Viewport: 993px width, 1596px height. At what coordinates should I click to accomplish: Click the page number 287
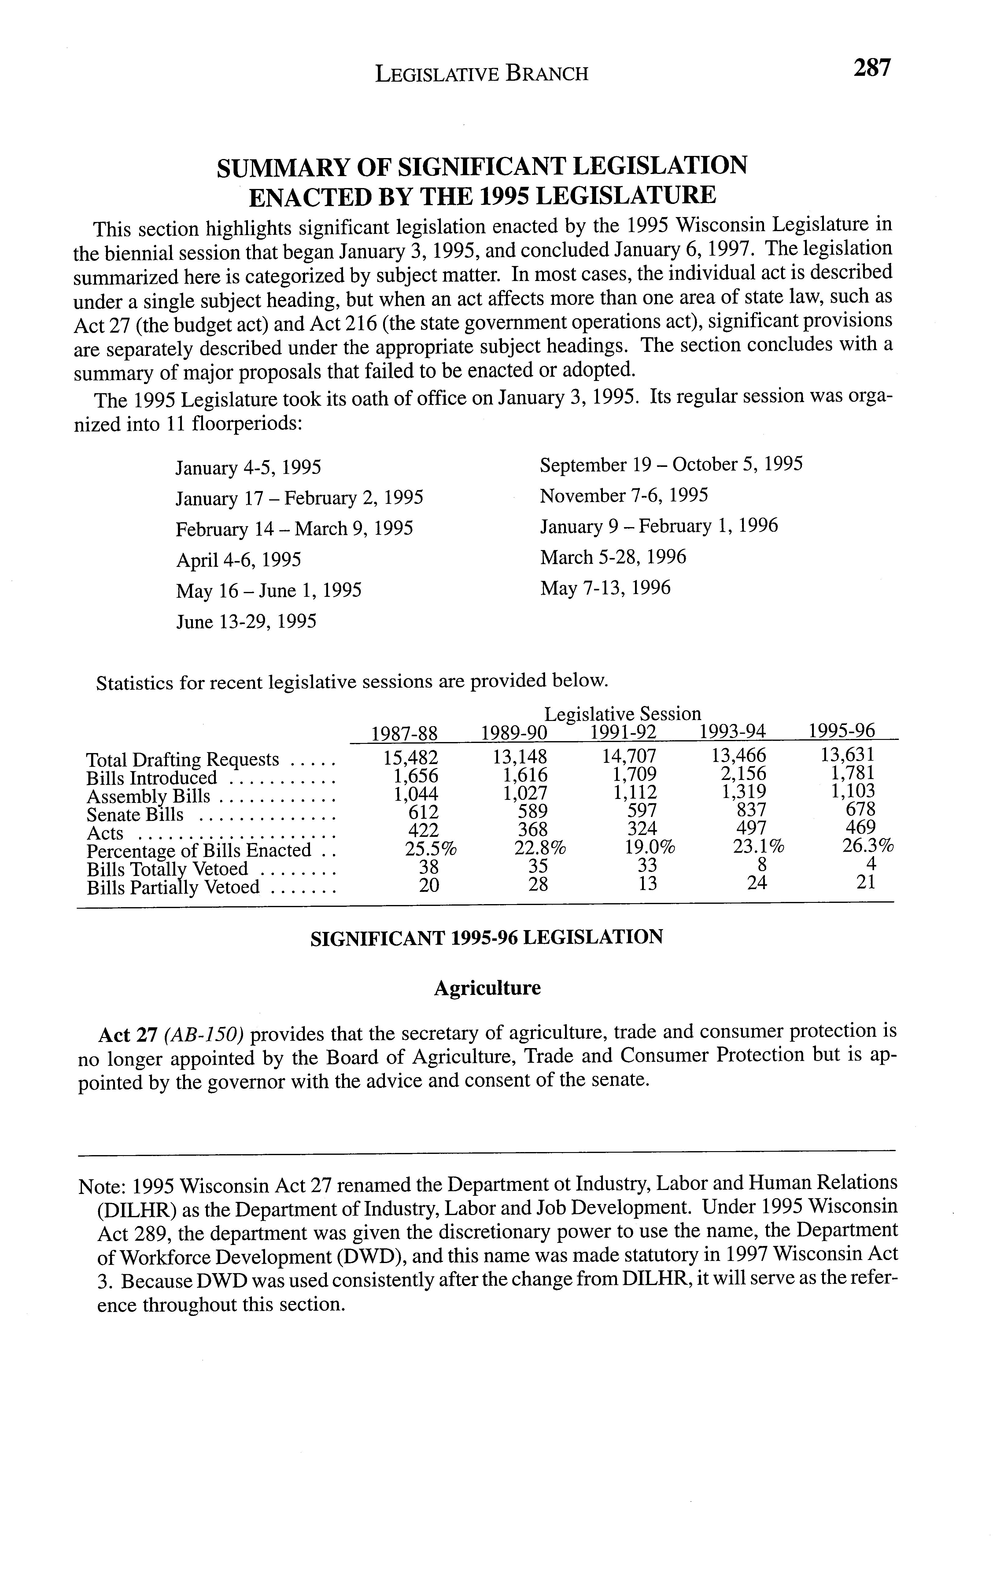pyautogui.click(x=872, y=68)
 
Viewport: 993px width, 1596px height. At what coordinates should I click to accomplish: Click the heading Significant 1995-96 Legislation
pyautogui.click(x=486, y=937)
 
